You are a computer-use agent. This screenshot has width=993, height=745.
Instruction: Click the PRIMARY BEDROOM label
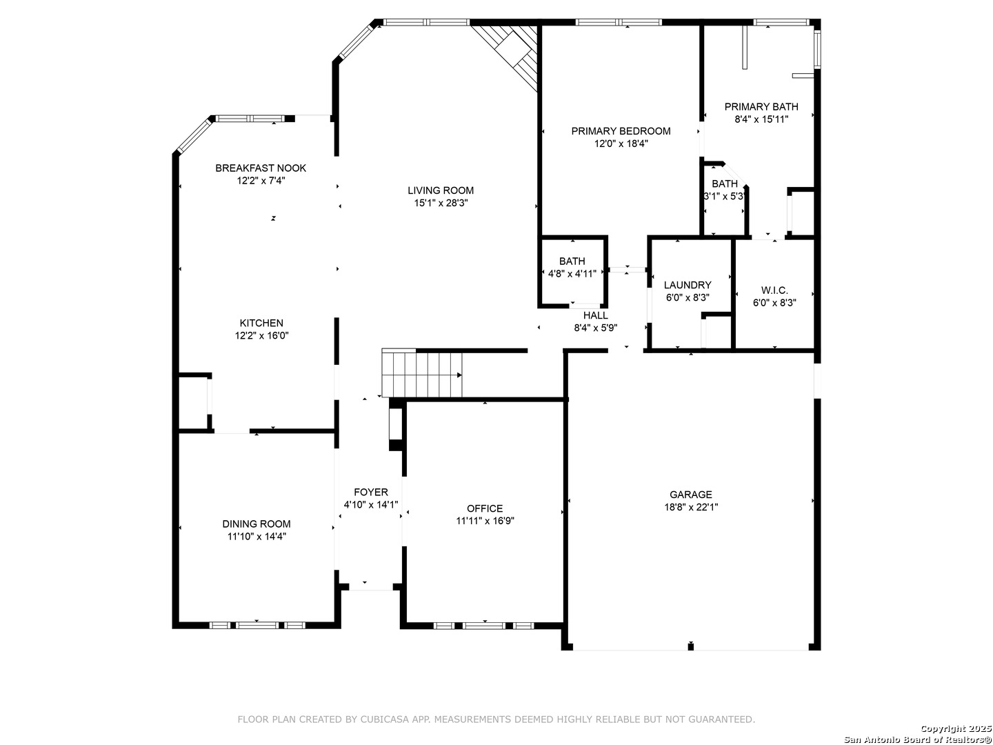621,131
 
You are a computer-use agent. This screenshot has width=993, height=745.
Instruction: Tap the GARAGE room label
691,495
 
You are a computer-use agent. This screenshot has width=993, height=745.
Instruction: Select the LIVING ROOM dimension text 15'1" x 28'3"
441,203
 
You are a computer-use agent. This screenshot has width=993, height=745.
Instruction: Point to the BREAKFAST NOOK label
261,168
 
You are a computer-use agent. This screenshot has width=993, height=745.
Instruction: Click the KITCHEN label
261,323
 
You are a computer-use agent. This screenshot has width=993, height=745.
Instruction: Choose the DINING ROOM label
257,524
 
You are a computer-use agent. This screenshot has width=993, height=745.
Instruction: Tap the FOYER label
371,492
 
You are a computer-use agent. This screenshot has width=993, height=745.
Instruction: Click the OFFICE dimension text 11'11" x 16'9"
485,521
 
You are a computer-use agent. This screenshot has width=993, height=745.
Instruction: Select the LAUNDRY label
688,285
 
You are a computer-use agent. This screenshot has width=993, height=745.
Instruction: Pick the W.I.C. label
774,290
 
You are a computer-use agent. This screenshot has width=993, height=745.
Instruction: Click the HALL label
595,315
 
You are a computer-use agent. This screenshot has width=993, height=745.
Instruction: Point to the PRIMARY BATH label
761,107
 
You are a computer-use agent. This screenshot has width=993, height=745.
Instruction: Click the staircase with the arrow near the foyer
421,373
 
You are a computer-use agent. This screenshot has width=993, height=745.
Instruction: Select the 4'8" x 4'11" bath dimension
572,274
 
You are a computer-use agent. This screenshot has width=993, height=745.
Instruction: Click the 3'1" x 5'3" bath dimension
724,197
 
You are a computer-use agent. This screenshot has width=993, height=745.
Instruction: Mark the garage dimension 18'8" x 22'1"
691,507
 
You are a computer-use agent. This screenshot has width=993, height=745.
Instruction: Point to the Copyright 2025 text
956,728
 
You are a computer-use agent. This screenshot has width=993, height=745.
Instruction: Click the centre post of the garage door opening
690,646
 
